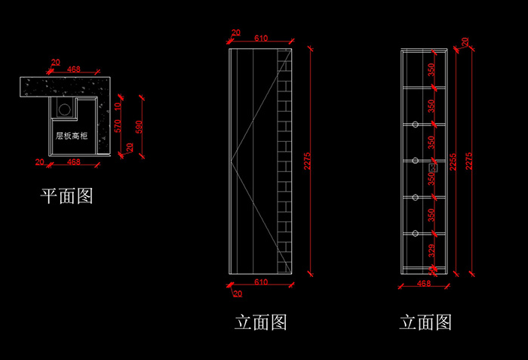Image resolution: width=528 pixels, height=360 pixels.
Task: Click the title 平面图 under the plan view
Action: point(66,198)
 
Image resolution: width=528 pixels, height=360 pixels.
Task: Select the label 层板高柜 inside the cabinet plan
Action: point(72,136)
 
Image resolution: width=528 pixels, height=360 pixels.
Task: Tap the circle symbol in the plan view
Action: point(65,109)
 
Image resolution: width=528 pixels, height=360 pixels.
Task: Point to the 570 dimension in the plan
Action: point(117,126)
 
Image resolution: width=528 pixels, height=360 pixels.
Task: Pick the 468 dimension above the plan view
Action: point(74,70)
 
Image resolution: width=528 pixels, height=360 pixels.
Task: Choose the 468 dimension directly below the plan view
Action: point(74,162)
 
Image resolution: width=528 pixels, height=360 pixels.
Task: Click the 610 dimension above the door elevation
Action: point(261,38)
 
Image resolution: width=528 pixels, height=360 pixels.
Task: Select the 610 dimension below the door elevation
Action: point(260,282)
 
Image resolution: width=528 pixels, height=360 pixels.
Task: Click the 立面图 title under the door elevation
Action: point(261,323)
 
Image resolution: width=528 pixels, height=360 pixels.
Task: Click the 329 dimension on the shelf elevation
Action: point(431,251)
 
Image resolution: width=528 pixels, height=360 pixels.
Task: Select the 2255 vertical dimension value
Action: point(453,159)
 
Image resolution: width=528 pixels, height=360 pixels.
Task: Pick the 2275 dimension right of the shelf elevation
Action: point(471,159)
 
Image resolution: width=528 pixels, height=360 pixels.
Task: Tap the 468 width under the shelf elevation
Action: point(424,284)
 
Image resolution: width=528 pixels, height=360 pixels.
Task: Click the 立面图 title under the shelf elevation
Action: point(425,323)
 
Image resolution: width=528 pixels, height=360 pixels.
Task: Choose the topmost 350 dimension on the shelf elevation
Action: point(431,70)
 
